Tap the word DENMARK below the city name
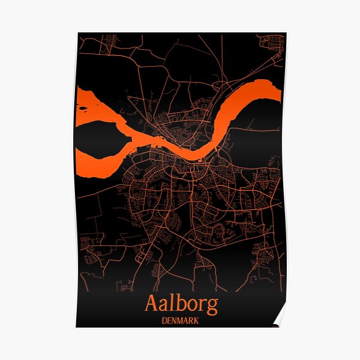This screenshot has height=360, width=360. (181, 320)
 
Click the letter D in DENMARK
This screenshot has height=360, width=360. (164, 320)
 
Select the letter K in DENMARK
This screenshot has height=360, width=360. (197, 320)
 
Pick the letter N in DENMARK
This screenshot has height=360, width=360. (173, 320)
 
